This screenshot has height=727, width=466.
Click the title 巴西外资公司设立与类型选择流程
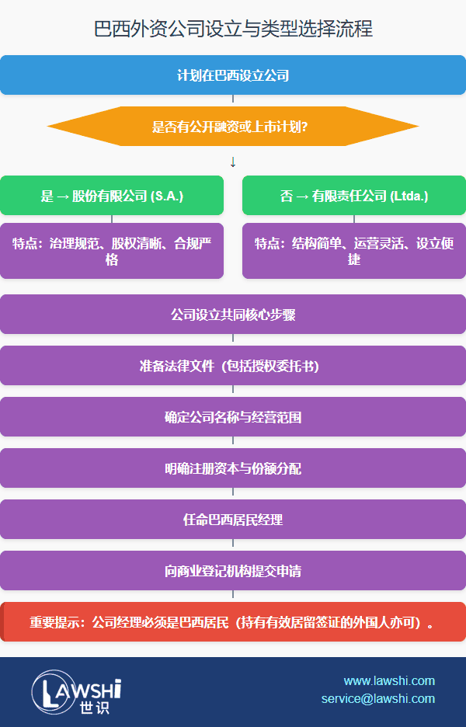pyautogui.click(x=233, y=30)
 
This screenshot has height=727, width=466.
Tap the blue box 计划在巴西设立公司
pyautogui.click(x=233, y=75)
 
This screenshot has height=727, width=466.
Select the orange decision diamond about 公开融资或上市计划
pyautogui.click(x=233, y=126)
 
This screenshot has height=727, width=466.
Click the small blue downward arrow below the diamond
pyautogui.click(x=233, y=162)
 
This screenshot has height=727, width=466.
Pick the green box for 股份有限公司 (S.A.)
pyautogui.click(x=112, y=196)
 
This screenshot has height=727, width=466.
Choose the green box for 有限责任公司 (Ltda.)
pyautogui.click(x=354, y=196)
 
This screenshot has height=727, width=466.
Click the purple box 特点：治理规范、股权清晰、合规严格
pyautogui.click(x=112, y=251)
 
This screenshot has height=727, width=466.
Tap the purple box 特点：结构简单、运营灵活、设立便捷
pyautogui.click(x=354, y=251)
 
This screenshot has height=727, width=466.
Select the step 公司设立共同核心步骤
pyautogui.click(x=233, y=315)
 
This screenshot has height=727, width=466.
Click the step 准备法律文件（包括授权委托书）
pyautogui.click(x=233, y=366)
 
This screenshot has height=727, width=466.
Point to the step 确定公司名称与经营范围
pyautogui.click(x=233, y=417)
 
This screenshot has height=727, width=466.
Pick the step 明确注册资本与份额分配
pyautogui.click(x=233, y=468)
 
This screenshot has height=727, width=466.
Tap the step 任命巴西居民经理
pyautogui.click(x=233, y=520)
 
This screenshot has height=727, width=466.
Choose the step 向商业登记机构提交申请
pyautogui.click(x=233, y=571)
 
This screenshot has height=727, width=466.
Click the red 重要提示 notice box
pyautogui.click(x=233, y=622)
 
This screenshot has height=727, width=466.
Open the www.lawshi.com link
pyautogui.click(x=389, y=681)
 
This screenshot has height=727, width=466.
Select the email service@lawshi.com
pyautogui.click(x=378, y=698)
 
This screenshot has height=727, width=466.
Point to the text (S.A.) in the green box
pyautogui.click(x=165, y=196)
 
